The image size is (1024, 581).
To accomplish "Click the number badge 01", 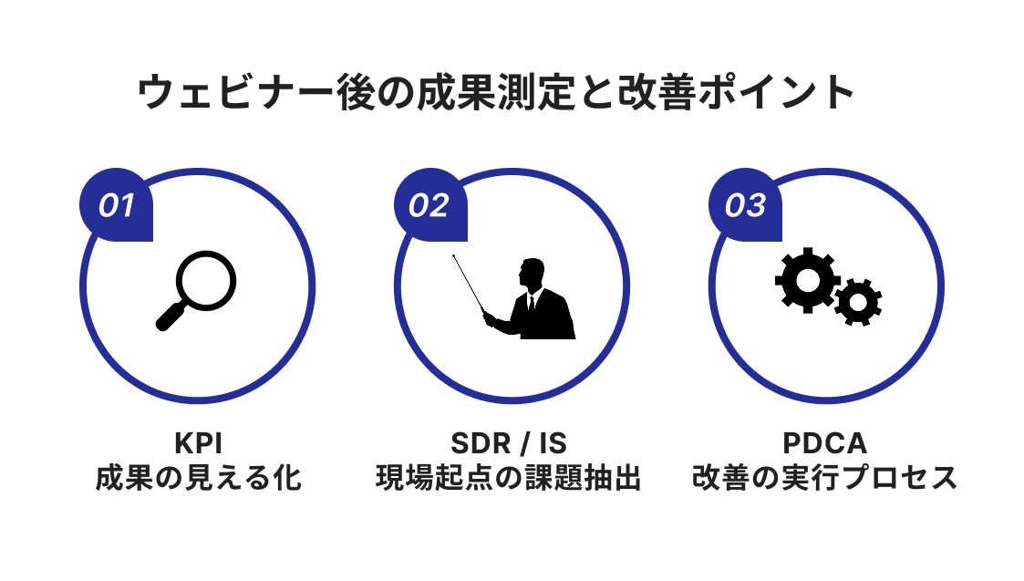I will (x=117, y=206).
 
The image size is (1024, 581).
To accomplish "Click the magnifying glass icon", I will (x=195, y=289).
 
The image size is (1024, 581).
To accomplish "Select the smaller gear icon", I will (x=857, y=301).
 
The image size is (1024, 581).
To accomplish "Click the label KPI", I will (x=198, y=443).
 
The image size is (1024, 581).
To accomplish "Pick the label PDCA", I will (x=824, y=443).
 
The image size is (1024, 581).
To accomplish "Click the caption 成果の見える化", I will (x=198, y=478).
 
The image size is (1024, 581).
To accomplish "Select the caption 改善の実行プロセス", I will (x=824, y=478).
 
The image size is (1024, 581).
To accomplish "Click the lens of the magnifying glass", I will (x=206, y=278).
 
